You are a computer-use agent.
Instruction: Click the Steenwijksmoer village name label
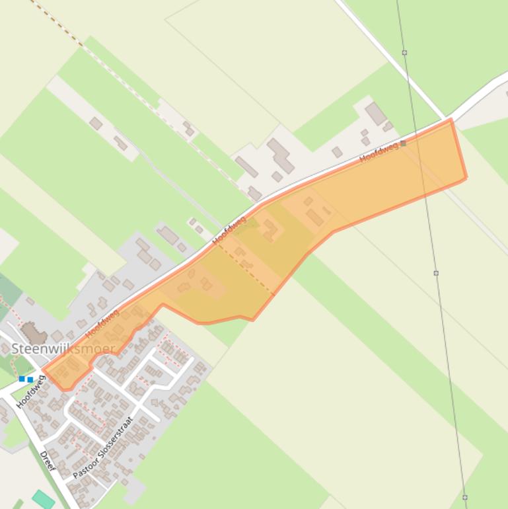(63, 348)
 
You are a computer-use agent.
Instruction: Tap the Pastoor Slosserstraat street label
(103, 448)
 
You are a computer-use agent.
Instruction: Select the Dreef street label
(48, 461)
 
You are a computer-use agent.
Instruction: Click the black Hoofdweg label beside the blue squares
(31, 392)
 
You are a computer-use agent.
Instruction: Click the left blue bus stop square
(22, 379)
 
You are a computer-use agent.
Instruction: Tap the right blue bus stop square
(30, 379)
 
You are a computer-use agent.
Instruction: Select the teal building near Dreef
(44, 500)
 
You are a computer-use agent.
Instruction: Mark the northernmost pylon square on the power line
(404, 52)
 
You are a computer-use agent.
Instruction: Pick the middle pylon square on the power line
(436, 273)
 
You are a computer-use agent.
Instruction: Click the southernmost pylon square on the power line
(465, 497)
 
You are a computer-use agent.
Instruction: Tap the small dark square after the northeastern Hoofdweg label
(403, 143)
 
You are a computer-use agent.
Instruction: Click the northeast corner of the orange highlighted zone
(451, 120)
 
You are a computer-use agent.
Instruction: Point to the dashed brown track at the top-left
(56, 22)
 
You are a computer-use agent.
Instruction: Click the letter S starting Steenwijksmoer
(15, 348)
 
